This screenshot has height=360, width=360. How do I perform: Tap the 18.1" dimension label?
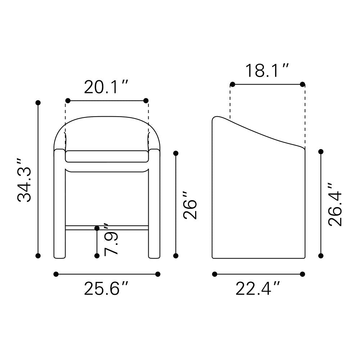(x=267, y=71)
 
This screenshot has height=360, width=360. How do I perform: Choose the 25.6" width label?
(x=106, y=288)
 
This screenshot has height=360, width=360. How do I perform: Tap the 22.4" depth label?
(x=258, y=288)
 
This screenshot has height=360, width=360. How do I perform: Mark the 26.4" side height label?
(x=335, y=205)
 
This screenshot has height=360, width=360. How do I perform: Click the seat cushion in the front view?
(x=107, y=156)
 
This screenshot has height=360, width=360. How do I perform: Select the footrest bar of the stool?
(x=107, y=228)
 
